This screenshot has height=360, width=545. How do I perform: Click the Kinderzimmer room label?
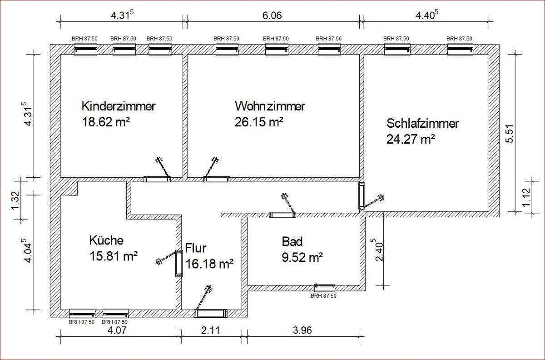click(119, 106)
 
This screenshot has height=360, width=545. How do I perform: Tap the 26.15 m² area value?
click(259, 122)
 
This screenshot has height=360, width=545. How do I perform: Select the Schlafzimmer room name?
click(423, 124)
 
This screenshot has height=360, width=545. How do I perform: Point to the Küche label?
click(106, 240)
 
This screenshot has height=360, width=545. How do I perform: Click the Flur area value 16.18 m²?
click(209, 264)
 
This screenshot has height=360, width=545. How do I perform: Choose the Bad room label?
click(292, 242)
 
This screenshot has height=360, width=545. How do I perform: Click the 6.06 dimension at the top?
click(272, 16)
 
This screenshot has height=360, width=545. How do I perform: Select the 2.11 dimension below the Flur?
click(210, 330)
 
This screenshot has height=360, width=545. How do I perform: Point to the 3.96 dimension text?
click(302, 330)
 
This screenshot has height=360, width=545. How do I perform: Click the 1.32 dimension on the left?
click(15, 200)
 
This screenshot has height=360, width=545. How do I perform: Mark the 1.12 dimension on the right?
click(526, 197)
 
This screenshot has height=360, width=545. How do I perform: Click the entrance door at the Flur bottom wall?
click(211, 313)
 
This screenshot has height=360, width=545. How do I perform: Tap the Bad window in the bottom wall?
click(325, 288)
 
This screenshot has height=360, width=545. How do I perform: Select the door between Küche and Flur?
click(179, 263)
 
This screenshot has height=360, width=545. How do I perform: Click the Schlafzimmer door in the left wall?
click(362, 196)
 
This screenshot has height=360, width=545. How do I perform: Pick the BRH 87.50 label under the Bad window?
click(323, 296)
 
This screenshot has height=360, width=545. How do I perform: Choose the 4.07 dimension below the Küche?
click(117, 330)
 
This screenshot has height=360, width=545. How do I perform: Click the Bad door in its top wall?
click(282, 215)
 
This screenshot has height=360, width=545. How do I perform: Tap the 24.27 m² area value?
click(411, 140)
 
